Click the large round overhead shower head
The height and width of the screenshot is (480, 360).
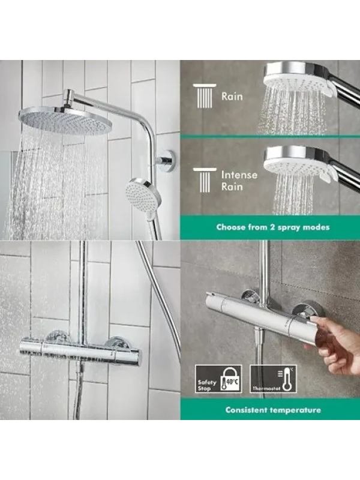(x=65, y=120)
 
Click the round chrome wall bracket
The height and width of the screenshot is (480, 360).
(x=167, y=160)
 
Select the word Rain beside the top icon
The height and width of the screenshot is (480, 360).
(x=232, y=97)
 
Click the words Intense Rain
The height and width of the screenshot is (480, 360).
(x=239, y=181)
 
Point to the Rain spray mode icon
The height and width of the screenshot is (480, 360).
(x=205, y=96)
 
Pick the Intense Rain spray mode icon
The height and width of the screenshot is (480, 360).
(x=205, y=180)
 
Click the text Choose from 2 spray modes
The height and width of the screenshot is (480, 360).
(x=273, y=227)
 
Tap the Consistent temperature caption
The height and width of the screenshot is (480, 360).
(x=273, y=410)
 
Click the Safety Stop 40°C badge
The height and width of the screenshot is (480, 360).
(x=218, y=379)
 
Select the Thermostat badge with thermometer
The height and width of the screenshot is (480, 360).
(x=273, y=379)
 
